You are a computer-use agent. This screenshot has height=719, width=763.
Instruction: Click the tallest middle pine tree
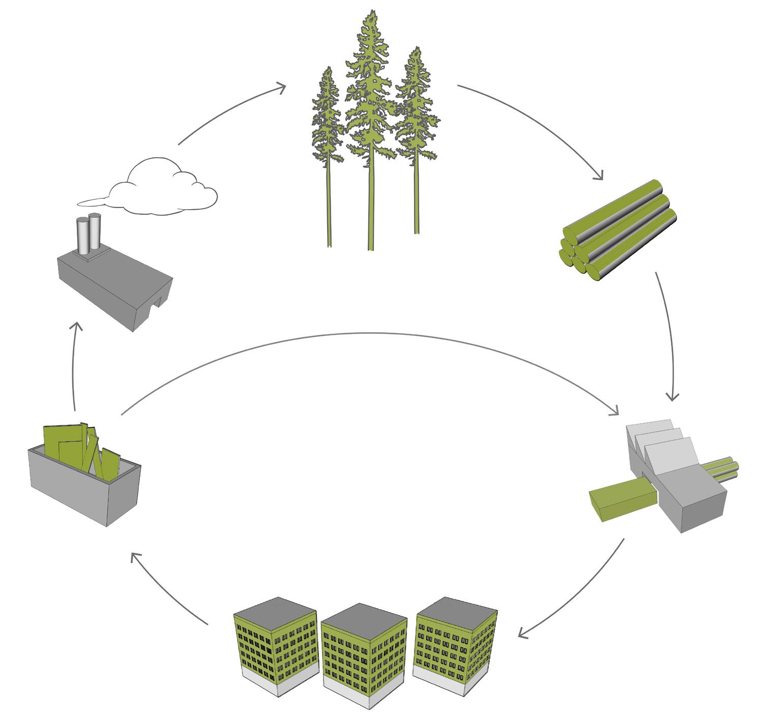[370, 102]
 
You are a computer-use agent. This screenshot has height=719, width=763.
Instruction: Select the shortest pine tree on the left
[326, 127]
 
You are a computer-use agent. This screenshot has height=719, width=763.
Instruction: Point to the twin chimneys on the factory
[88, 234]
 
